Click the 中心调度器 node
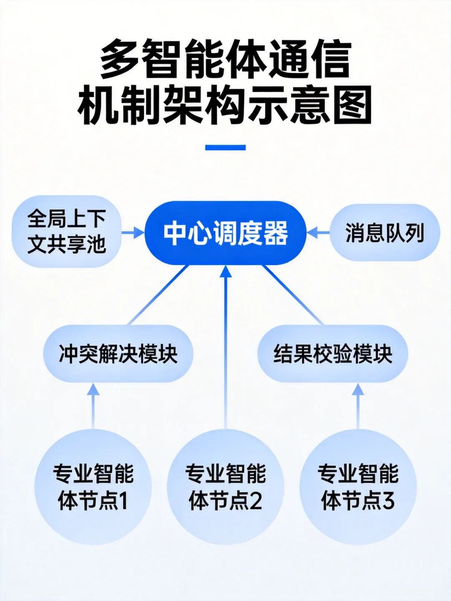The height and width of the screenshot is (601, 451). pos(225,233)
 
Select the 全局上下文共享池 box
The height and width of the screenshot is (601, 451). pos(67,231)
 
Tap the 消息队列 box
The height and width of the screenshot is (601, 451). pos(385,232)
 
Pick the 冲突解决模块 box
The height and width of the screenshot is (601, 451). pos(118,354)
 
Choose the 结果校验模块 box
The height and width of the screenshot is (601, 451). pos(333,354)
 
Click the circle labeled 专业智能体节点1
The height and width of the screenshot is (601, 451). pos(93,487)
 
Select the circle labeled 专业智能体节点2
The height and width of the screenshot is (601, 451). pos(225,487)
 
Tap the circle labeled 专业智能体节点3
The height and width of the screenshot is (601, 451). pos(358,487)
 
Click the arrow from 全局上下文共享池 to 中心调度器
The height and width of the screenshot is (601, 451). pos(133,232)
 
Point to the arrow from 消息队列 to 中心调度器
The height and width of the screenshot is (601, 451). pos(318,232)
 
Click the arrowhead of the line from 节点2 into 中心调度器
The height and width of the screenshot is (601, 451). pos(225,272)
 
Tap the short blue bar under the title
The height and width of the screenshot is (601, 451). pos(225,147)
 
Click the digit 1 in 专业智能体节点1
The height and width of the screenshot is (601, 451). pos(122,500)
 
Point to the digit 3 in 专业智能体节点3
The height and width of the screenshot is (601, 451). pos(388,500)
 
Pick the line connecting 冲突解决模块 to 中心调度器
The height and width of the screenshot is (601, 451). pos(158,295)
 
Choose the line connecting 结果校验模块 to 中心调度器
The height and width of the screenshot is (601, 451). pos(293,295)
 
